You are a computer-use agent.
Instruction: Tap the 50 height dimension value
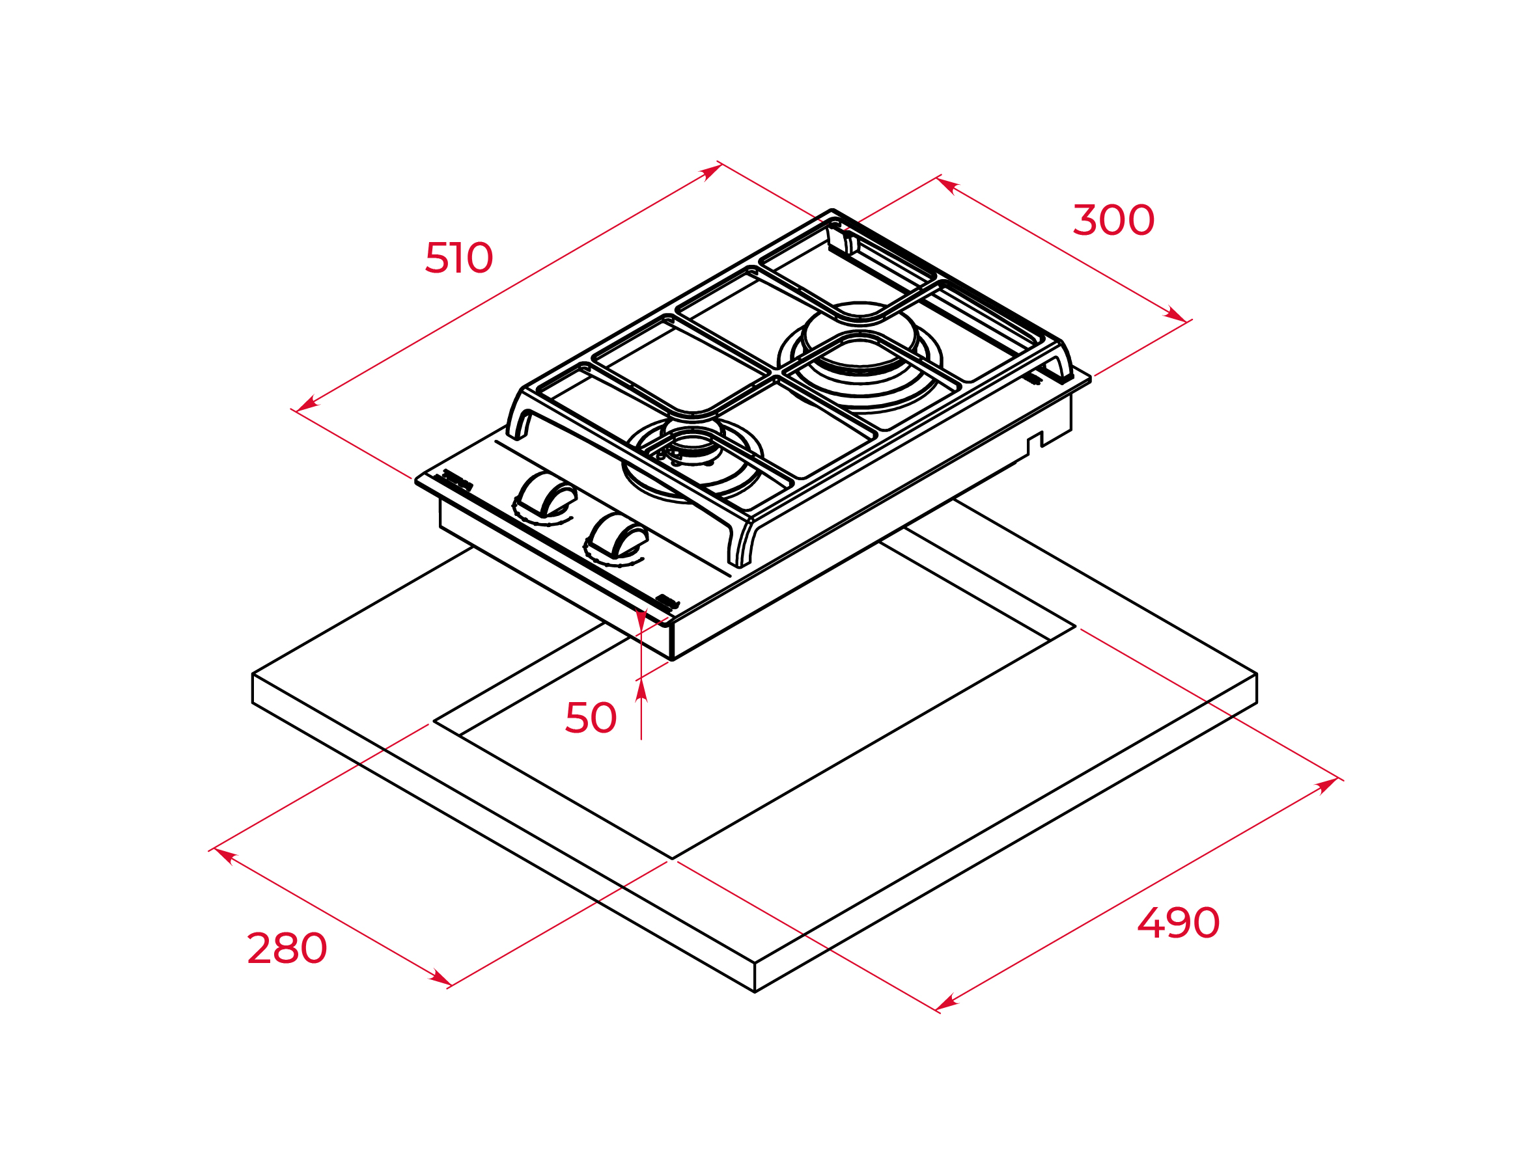[x=591, y=717]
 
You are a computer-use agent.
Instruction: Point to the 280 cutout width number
[x=287, y=948]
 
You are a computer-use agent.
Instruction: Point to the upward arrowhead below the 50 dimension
[x=641, y=690]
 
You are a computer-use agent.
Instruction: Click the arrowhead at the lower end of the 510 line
[x=307, y=404]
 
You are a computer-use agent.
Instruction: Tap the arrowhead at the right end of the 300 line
[x=1175, y=315]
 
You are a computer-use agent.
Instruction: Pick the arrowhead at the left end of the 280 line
[x=226, y=856]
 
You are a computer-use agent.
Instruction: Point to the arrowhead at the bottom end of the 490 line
[x=947, y=1002]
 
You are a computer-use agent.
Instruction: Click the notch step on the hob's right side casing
[x=1035, y=439]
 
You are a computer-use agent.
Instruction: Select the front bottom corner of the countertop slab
[x=755, y=992]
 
